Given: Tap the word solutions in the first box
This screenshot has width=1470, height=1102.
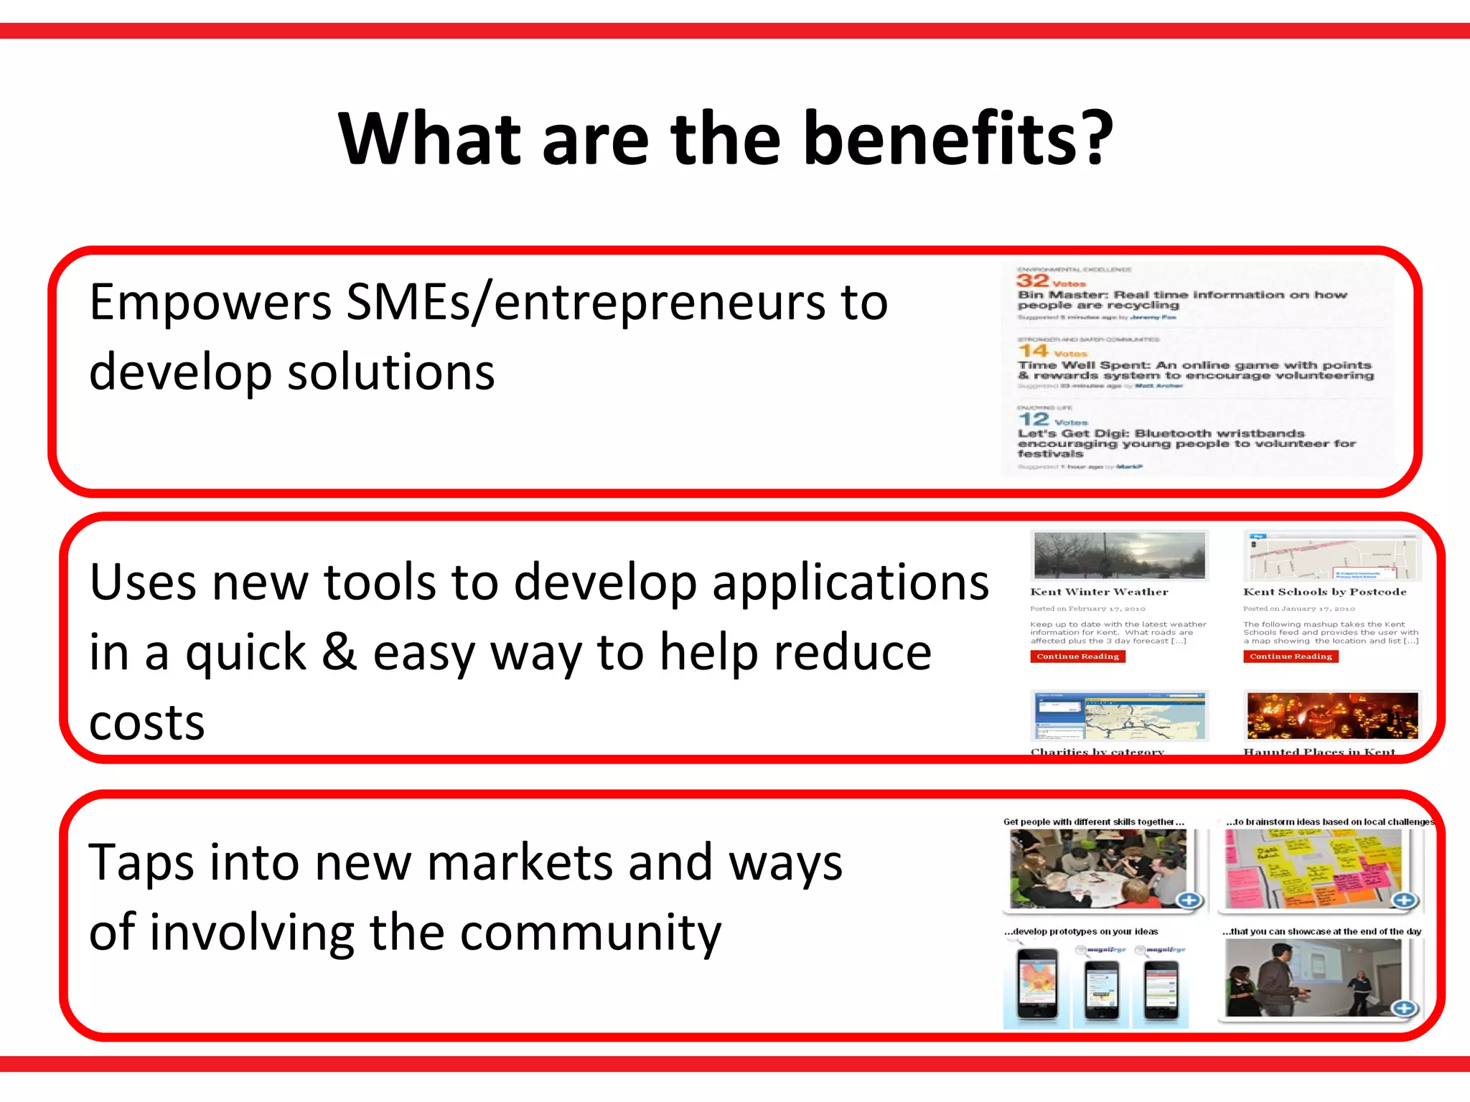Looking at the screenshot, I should (391, 372).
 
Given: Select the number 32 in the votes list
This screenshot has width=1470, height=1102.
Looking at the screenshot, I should (1032, 281).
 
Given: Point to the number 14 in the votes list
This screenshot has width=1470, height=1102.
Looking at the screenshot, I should (1033, 350).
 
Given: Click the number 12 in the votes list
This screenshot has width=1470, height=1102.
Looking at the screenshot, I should (1033, 419).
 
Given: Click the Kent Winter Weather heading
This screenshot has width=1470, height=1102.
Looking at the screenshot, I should (1099, 592).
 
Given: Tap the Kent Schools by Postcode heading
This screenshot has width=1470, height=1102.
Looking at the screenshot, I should (1324, 592).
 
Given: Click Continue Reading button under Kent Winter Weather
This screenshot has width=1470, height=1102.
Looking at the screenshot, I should (1077, 656).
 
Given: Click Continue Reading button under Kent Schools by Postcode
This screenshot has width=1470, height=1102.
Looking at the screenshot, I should (1291, 656).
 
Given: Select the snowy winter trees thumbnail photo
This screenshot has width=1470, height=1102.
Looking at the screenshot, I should (1119, 555).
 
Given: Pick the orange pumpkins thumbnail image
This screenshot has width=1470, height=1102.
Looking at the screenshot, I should (1332, 715).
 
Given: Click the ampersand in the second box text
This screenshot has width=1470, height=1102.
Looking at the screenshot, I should (339, 651).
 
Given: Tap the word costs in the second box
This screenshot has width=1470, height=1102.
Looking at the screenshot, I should (147, 722).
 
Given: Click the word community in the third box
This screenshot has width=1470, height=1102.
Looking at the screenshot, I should (590, 932).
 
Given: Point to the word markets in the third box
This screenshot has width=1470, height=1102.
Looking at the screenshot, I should (522, 862).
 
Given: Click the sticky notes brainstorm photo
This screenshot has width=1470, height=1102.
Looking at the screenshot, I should (1312, 868).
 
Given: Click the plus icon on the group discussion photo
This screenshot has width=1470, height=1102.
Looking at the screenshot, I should (1189, 900).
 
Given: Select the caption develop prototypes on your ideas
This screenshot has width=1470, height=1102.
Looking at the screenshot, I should (1081, 931).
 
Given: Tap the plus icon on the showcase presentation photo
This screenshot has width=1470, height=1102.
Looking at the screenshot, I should (1404, 1008).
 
